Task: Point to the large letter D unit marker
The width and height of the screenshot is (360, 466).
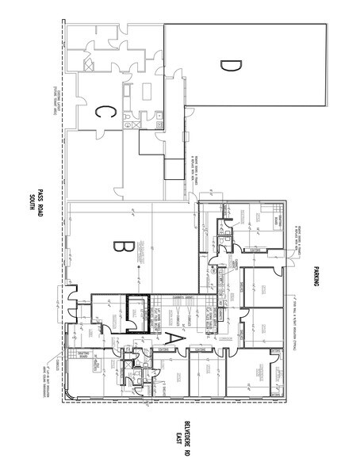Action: [x=227, y=66]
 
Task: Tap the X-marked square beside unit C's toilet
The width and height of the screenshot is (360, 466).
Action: [x=136, y=124]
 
